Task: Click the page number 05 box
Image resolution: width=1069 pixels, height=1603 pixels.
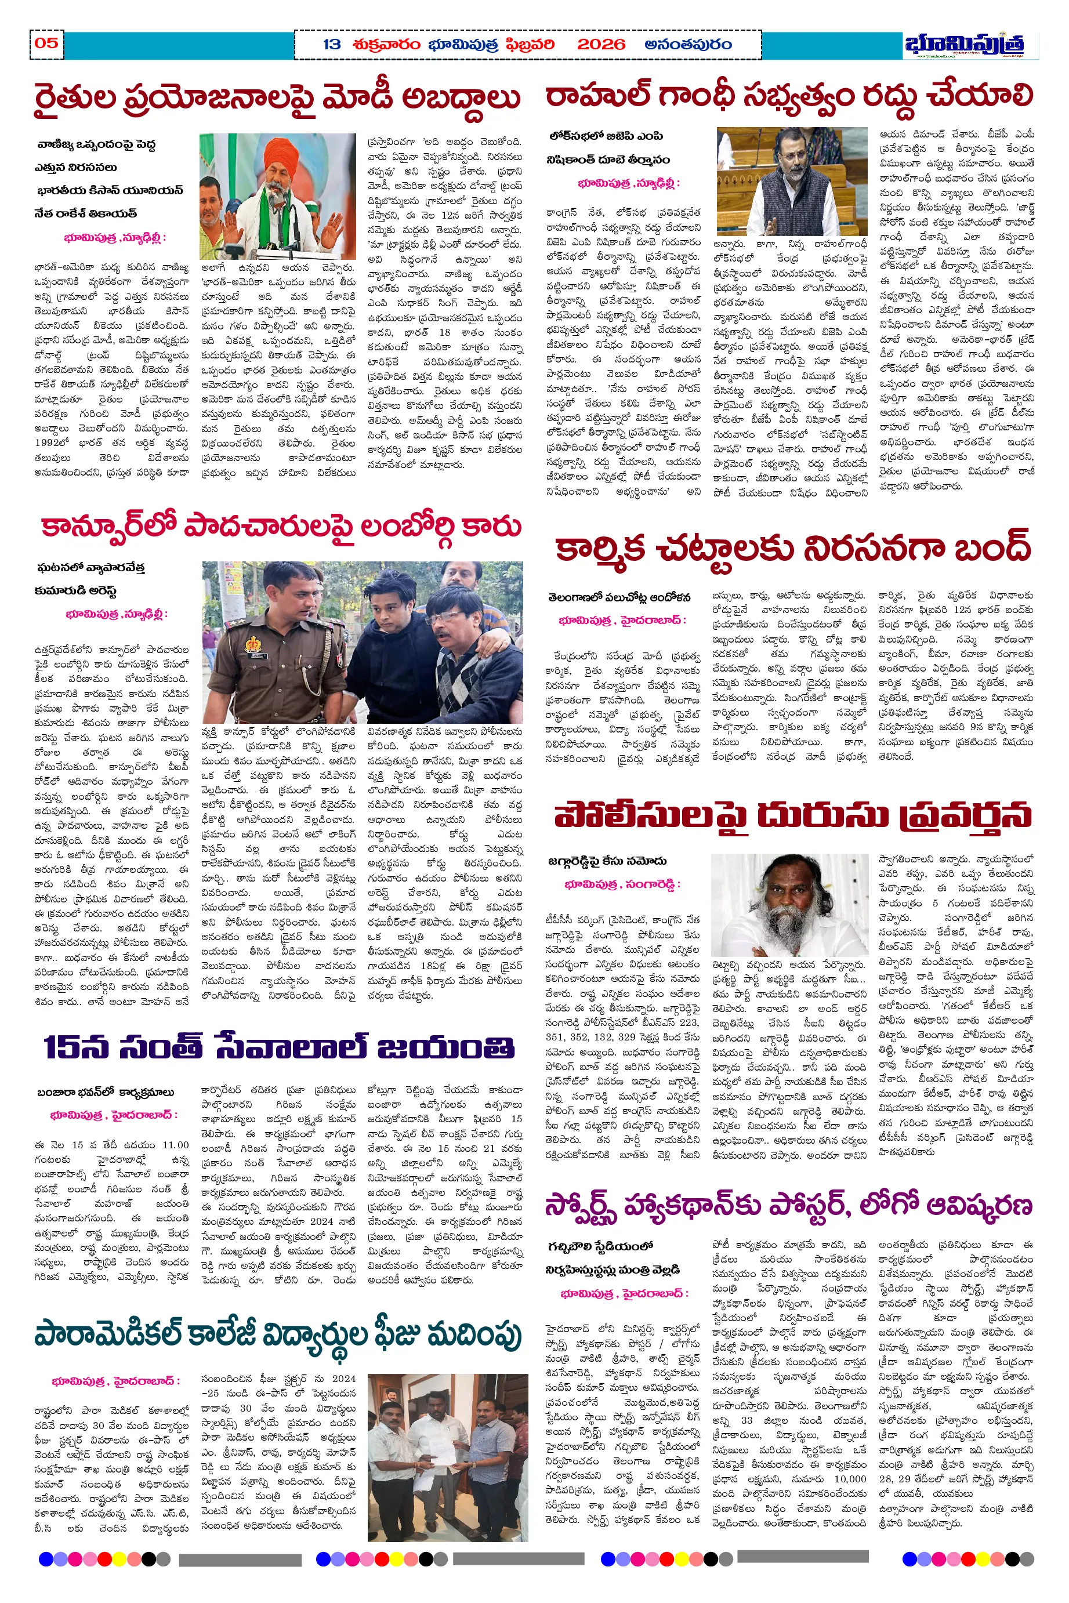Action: pyautogui.click(x=46, y=43)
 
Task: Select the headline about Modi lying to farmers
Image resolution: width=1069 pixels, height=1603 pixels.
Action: pyautogui.click(x=277, y=98)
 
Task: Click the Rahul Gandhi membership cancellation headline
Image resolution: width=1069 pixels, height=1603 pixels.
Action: pyautogui.click(x=789, y=96)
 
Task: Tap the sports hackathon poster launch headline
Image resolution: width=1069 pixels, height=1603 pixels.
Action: pyautogui.click(x=788, y=1207)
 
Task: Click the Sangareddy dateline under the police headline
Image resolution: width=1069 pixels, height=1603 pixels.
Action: pyautogui.click(x=622, y=884)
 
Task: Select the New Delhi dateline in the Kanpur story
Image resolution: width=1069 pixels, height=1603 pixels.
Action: pyautogui.click(x=116, y=614)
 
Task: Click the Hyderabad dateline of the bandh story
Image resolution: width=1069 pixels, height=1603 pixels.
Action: pyautogui.click(x=622, y=620)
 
